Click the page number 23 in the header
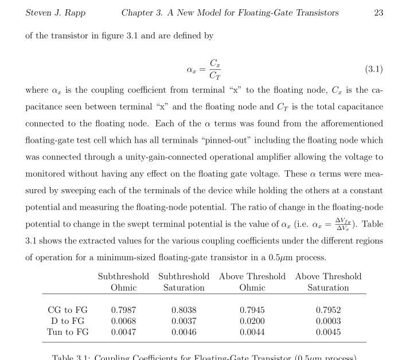pyautogui.click(x=378, y=13)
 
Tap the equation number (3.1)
pyautogui.click(x=373, y=69)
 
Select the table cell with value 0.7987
pyautogui.click(x=123, y=310)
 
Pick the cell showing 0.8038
pyautogui.click(x=184, y=310)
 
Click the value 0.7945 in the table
pyautogui.click(x=252, y=310)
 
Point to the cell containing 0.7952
pyautogui.click(x=328, y=310)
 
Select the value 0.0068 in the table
pyautogui.click(x=123, y=321)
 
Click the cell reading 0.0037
pyautogui.click(x=184, y=321)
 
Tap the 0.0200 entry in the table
pyautogui.click(x=252, y=321)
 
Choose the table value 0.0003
pyautogui.click(x=328, y=321)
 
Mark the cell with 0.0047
pyautogui.click(x=123, y=332)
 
